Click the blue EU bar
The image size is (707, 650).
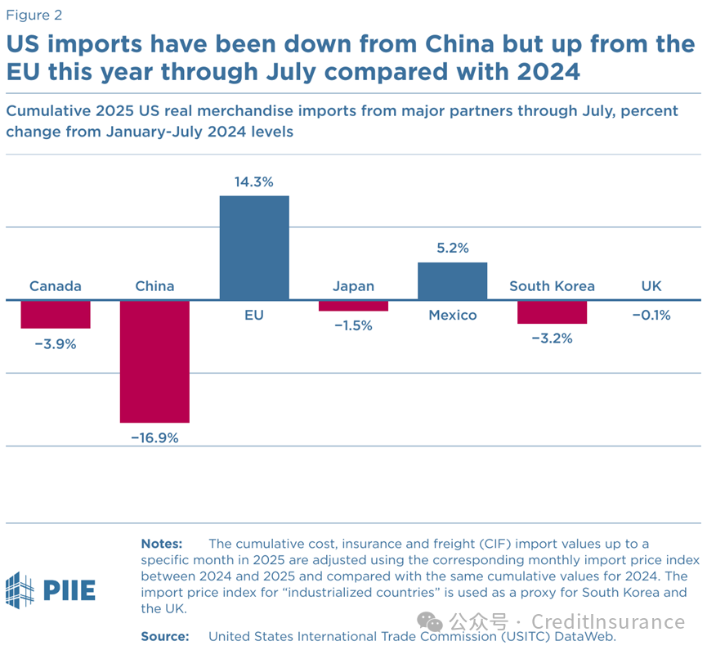tap(254, 248)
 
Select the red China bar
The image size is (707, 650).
tap(154, 361)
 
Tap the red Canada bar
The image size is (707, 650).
tap(56, 315)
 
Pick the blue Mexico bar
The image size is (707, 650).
tap(452, 281)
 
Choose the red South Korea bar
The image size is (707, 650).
tap(552, 312)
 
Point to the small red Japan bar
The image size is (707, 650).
tap(353, 306)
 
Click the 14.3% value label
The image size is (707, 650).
tap(254, 182)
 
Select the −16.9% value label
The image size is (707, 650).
tap(154, 437)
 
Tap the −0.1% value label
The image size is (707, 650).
tap(651, 315)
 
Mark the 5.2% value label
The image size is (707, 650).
tap(452, 249)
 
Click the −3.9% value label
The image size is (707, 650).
tap(56, 344)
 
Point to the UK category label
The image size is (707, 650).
tap(651, 286)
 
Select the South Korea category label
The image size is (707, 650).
tap(552, 286)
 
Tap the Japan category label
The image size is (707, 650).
tap(353, 286)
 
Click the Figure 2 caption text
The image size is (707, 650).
tap(34, 15)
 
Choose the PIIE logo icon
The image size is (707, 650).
tap(20, 589)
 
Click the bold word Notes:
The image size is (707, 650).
tap(162, 544)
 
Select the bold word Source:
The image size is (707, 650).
tap(165, 635)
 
